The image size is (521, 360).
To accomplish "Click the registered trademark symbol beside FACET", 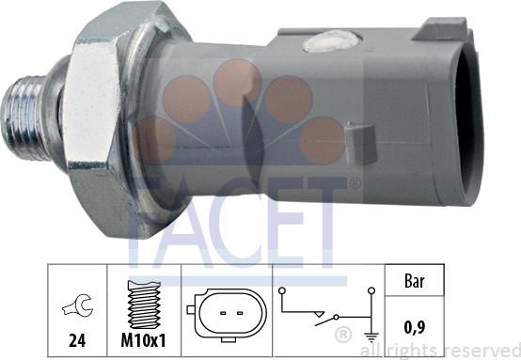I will point(355,183).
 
